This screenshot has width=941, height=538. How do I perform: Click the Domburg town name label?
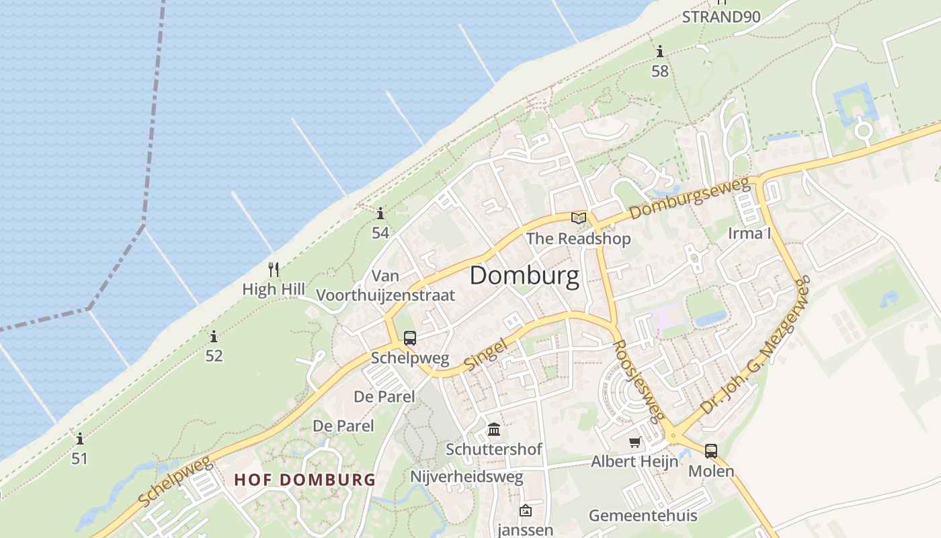point(524,276)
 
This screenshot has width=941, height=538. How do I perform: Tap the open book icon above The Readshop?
point(578,218)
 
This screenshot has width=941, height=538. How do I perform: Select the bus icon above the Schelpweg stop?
point(409,338)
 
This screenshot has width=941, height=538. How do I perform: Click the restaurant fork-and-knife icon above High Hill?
point(274,270)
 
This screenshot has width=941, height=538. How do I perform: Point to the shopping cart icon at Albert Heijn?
point(635,443)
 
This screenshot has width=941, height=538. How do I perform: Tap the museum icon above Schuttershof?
point(494,429)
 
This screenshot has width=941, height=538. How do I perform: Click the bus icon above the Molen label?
point(710,451)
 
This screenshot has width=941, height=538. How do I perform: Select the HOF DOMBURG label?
point(304,480)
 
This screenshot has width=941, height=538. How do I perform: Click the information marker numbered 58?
point(660,51)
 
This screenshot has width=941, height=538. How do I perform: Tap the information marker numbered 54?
point(380,214)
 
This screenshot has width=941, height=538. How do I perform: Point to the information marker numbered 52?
point(214,336)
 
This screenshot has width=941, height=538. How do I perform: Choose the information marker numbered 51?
point(80,439)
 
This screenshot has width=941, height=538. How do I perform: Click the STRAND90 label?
point(721,17)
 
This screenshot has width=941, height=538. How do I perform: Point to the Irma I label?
point(749,234)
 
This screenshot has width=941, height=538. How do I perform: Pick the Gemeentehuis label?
point(643,516)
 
